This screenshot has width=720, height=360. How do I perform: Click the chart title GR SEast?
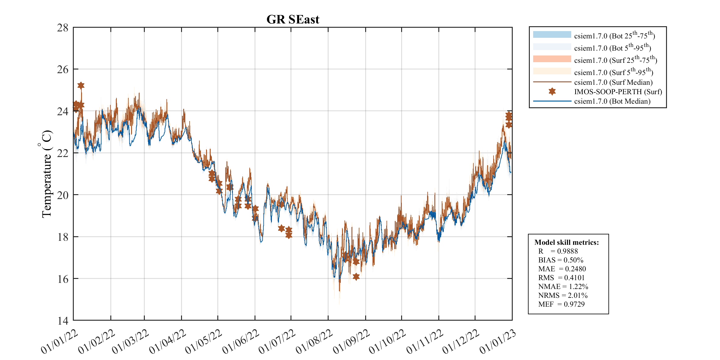[293, 20]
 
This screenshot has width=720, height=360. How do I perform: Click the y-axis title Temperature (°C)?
[46, 174]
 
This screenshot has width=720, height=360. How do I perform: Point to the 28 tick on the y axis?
[63, 28]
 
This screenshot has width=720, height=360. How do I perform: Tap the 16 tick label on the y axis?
[63, 279]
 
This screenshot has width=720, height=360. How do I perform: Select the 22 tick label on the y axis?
[63, 153]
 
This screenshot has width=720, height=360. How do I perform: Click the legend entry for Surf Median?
[613, 82]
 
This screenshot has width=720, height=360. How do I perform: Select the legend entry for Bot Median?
[612, 101]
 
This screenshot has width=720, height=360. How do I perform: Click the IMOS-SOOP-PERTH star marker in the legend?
[552, 91]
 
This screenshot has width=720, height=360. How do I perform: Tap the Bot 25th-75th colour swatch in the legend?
[552, 34]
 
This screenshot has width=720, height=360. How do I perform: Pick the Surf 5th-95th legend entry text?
[613, 72]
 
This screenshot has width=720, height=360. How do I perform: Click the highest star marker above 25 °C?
[81, 85]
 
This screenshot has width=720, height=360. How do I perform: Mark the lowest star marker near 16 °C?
[356, 276]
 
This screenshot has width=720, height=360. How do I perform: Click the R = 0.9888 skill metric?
[558, 251]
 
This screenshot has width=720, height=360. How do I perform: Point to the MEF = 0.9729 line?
[561, 304]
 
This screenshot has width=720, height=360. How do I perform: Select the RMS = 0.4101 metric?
[561, 278]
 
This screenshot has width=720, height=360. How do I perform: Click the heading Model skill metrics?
[566, 242]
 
